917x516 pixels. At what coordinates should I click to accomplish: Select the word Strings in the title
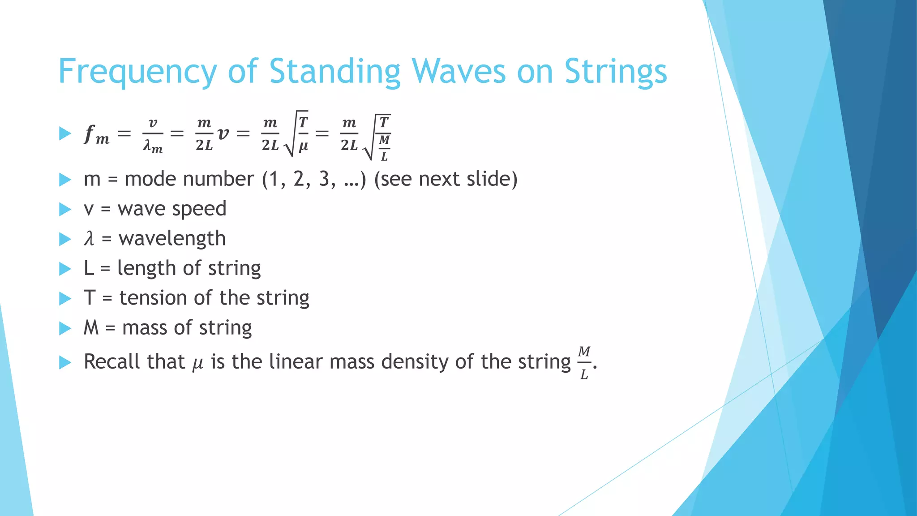pos(615,72)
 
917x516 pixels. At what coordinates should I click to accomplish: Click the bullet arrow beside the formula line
pos(65,133)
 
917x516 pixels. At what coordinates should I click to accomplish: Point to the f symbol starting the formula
pos(90,133)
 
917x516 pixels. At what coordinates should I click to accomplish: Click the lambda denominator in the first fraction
pos(153,146)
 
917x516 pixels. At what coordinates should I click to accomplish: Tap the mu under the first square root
pos(303,146)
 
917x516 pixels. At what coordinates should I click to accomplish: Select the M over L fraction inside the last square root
pos(384,148)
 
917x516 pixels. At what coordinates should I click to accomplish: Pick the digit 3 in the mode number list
pos(324,179)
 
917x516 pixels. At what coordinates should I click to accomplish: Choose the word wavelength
pos(172,238)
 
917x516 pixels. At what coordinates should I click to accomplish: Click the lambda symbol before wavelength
pos(90,238)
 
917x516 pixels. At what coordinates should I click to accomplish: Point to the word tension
pos(153,298)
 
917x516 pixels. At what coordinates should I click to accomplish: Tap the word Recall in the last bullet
pos(112,361)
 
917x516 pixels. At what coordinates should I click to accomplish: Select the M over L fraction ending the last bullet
pos(584,363)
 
